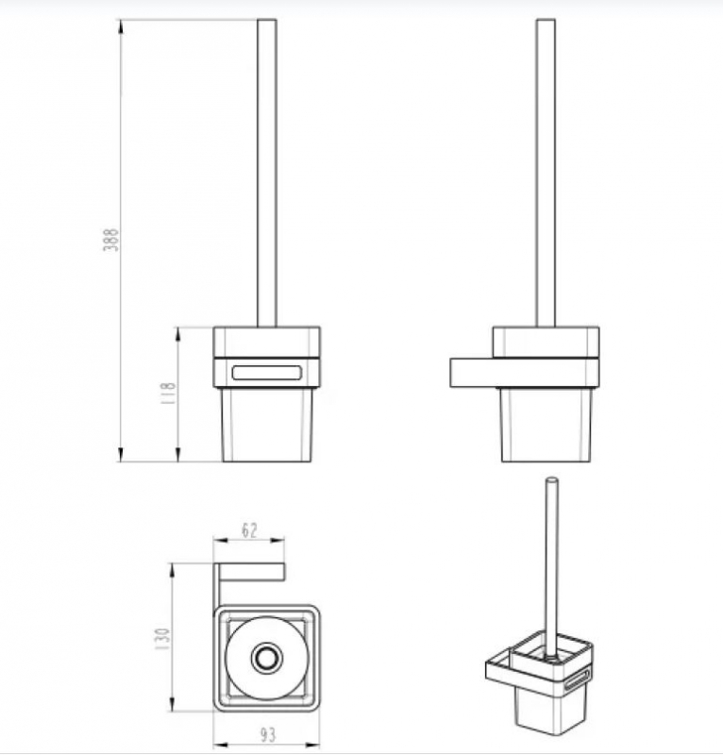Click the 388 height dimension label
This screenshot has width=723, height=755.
pyautogui.click(x=111, y=240)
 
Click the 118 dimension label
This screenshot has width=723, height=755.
pyautogui.click(x=168, y=393)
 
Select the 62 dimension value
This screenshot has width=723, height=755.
pyautogui.click(x=249, y=530)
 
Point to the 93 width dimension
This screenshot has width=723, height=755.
pyautogui.click(x=268, y=735)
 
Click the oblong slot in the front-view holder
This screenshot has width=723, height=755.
pyautogui.click(x=267, y=373)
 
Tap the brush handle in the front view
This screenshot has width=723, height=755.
pyautogui.click(x=267, y=174)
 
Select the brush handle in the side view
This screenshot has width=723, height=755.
pyautogui.click(x=546, y=174)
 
